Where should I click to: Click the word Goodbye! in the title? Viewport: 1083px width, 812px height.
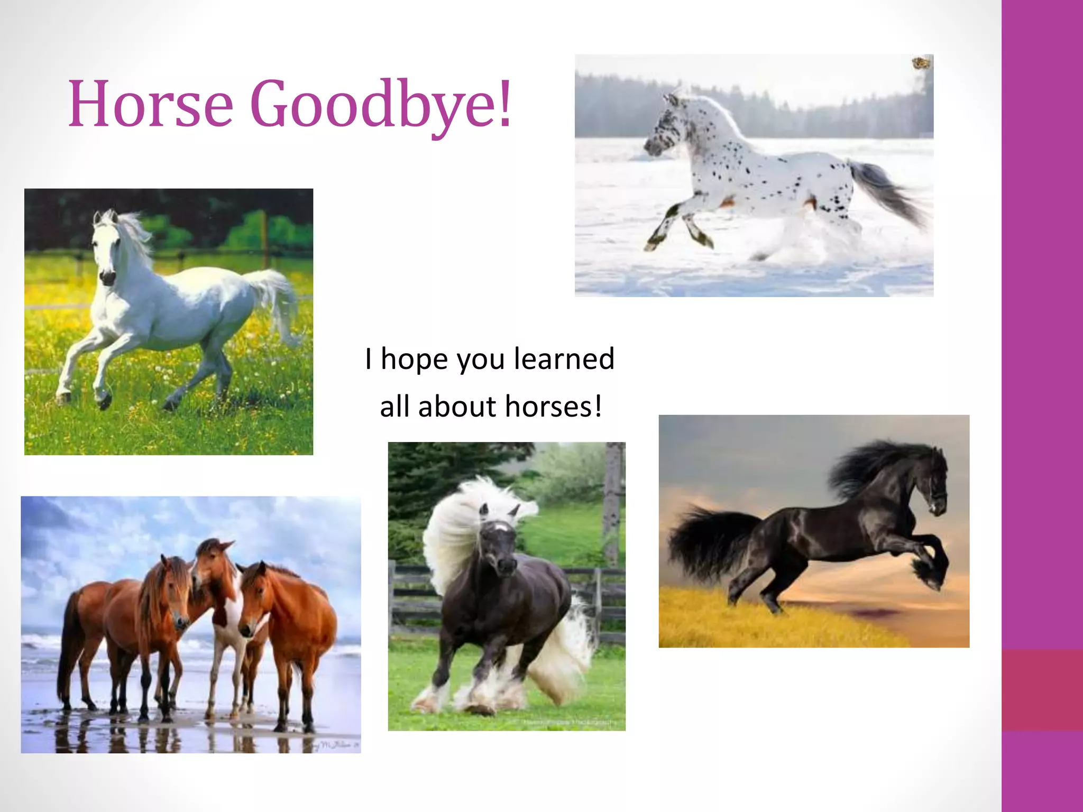pos(381,104)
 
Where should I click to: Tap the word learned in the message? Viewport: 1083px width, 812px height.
pos(564,358)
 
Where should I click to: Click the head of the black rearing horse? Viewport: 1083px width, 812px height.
pos(933,481)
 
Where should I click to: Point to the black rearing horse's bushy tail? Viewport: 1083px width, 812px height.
pos(703,539)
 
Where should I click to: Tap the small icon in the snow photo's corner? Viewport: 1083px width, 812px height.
pos(921,63)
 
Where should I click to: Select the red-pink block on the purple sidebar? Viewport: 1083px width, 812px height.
pos(1042,690)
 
